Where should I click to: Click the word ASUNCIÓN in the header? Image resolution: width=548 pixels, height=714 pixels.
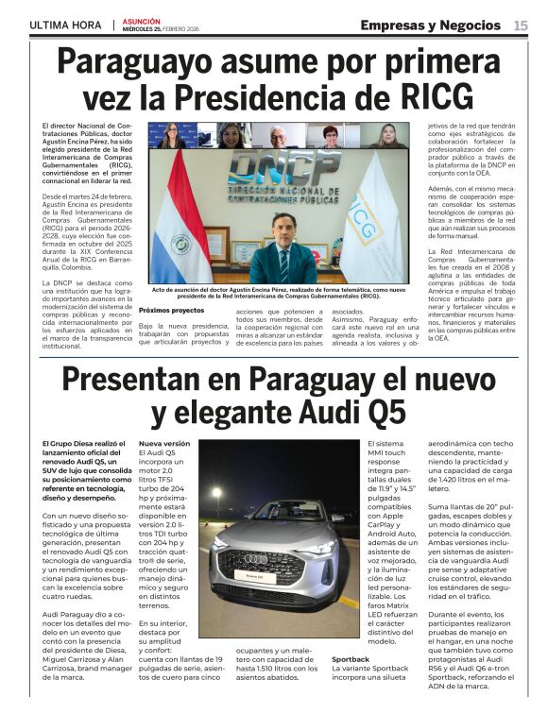pyautogui.click(x=143, y=19)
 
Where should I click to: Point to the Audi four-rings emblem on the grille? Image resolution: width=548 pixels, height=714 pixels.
pyautogui.click(x=256, y=558)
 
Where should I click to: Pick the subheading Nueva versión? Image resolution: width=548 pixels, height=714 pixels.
pyautogui.click(x=164, y=443)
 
